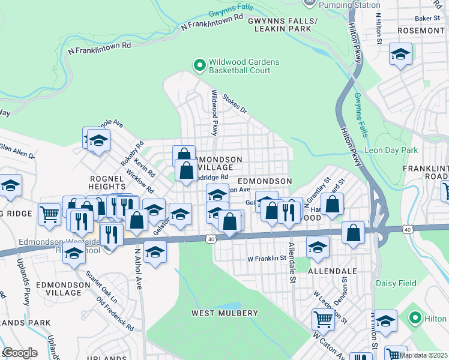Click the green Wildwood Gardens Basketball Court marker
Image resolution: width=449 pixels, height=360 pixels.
click(x=199, y=64)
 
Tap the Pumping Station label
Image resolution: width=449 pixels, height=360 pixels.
click(x=343, y=5)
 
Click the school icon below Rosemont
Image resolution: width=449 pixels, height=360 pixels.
click(x=400, y=55)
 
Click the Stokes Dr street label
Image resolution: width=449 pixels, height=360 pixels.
click(x=235, y=103)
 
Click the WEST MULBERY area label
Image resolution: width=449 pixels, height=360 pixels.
click(x=224, y=313)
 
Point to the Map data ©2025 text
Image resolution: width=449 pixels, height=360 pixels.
click(x=424, y=355)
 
